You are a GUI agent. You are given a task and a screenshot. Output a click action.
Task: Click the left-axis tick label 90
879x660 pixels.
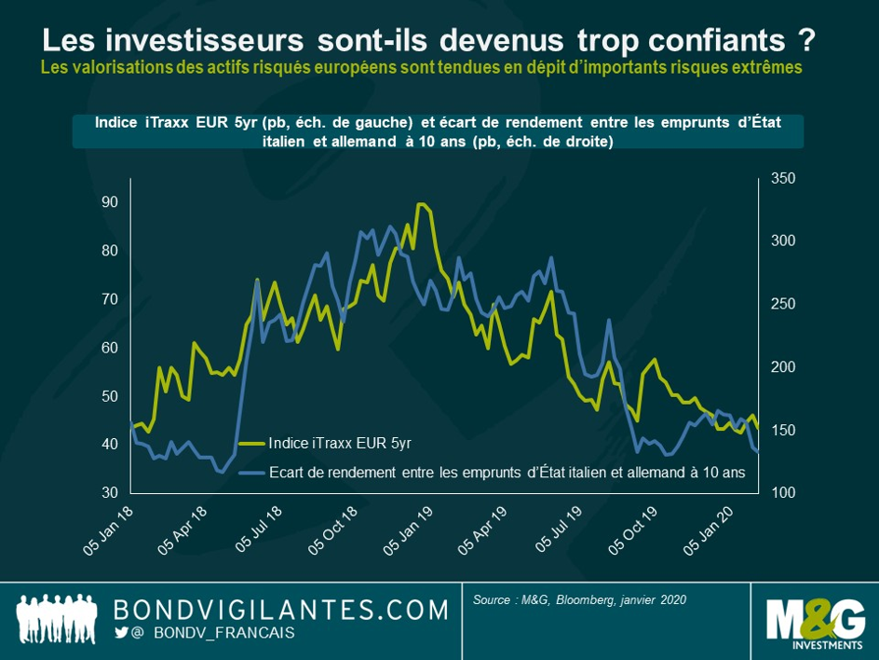(x=110, y=202)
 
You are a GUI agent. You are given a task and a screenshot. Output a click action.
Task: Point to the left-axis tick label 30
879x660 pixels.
(x=110, y=492)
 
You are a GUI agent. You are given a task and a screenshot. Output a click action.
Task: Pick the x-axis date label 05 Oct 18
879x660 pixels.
(x=334, y=532)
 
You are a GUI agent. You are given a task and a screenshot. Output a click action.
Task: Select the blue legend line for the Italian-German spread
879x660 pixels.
(x=252, y=473)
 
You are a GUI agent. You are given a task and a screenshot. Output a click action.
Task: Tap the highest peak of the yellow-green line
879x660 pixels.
(x=422, y=203)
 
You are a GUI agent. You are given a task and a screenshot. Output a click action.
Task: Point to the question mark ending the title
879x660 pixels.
(x=806, y=40)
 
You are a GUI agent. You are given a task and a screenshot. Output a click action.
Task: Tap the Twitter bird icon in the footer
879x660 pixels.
(x=120, y=633)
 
